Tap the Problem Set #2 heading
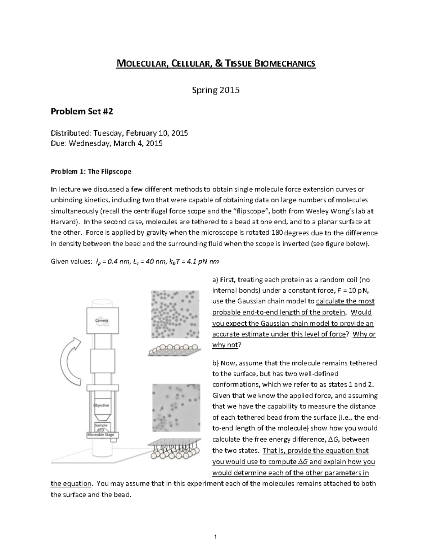82,112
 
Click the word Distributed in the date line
71,133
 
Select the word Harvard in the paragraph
63,222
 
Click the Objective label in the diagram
101,405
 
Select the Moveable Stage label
101,435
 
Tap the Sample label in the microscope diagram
101,425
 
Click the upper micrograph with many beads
175,314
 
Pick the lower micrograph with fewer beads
176,407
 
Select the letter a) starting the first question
216,280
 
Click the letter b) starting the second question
216,363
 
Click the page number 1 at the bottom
215,537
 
